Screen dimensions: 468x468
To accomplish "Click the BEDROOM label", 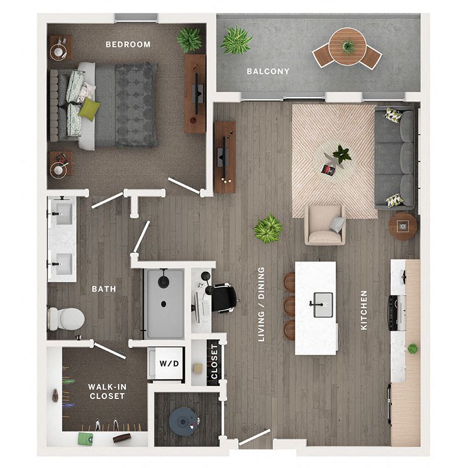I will pyautogui.click(x=128, y=44).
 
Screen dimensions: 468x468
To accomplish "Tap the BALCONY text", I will pyautogui.click(x=268, y=71).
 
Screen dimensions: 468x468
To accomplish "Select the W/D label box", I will pyautogui.click(x=166, y=363).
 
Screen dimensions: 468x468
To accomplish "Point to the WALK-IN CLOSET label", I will pyautogui.click(x=106, y=391).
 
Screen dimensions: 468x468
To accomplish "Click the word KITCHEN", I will pyautogui.click(x=364, y=310).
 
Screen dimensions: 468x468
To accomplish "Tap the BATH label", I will pyautogui.click(x=104, y=289).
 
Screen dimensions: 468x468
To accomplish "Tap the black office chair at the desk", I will pyautogui.click(x=224, y=297).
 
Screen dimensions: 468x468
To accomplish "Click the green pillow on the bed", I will pyautogui.click(x=90, y=109).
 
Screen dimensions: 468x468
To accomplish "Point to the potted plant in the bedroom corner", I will pyautogui.click(x=189, y=40).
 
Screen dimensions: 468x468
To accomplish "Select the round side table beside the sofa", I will pyautogui.click(x=403, y=226).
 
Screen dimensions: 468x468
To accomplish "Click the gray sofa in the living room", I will pyautogui.click(x=395, y=157).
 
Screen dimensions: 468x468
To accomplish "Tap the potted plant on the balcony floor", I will pyautogui.click(x=237, y=40).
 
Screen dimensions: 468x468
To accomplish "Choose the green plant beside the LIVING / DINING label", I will pyautogui.click(x=268, y=229).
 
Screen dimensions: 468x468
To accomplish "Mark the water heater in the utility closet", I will pyautogui.click(x=182, y=419).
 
